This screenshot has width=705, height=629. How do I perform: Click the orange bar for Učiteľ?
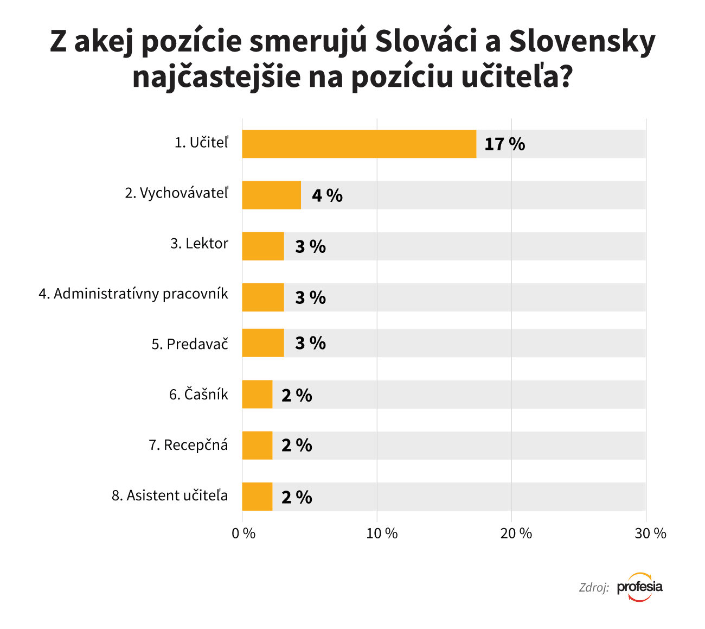(x=359, y=144)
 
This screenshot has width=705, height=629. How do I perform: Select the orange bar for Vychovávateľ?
(x=271, y=195)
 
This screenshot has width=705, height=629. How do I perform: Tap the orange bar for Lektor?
(x=263, y=246)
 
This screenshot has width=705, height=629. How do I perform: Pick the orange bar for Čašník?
(x=257, y=395)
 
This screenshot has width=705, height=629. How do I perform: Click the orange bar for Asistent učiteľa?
(x=257, y=497)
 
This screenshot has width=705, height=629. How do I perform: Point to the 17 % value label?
(x=504, y=144)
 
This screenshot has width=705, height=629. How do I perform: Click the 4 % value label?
(x=327, y=195)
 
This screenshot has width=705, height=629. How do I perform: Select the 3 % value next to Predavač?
(x=310, y=343)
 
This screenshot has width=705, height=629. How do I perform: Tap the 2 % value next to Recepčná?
(x=297, y=446)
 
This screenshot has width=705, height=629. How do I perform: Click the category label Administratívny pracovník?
(x=133, y=294)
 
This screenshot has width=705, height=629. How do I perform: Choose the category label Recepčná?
(x=188, y=446)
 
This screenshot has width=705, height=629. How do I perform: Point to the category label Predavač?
(x=190, y=344)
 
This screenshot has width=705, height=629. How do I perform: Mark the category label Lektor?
(x=199, y=243)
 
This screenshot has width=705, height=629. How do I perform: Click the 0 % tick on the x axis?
(x=243, y=533)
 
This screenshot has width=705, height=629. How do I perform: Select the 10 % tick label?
(x=382, y=533)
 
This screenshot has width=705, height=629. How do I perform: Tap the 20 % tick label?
(x=516, y=533)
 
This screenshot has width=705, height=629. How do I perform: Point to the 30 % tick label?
(x=650, y=533)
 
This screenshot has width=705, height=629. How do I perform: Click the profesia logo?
(x=640, y=587)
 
